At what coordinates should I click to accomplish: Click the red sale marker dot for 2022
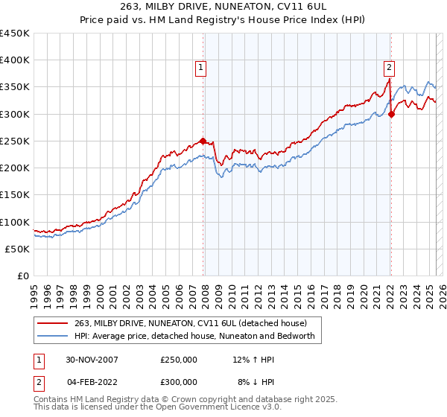click(391, 114)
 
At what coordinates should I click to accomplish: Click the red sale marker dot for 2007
click(203, 141)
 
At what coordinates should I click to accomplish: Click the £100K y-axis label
click(15, 222)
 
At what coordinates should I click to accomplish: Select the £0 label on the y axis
click(22, 276)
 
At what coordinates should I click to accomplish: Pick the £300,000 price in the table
click(179, 381)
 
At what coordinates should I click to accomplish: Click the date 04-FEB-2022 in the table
click(91, 381)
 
